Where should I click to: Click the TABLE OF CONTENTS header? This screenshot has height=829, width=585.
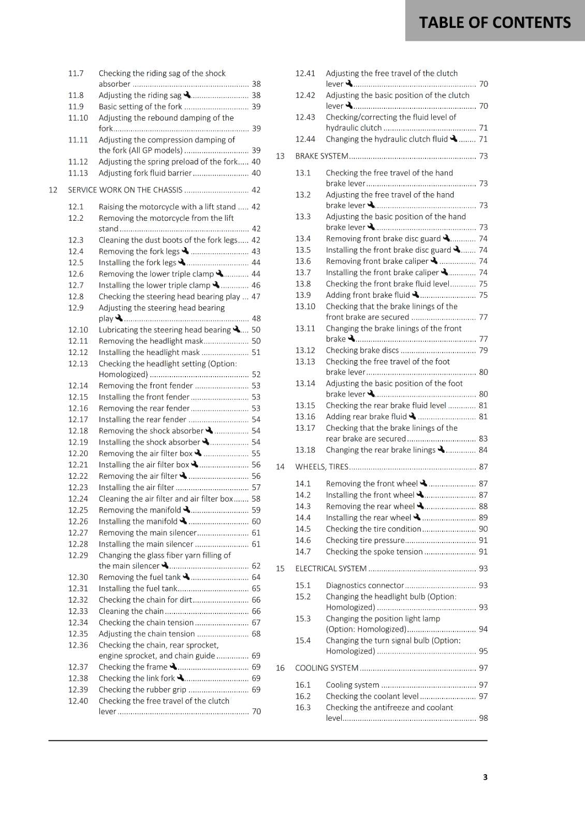pyautogui.click(x=494, y=23)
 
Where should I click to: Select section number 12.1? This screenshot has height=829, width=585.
pyautogui.click(x=76, y=207)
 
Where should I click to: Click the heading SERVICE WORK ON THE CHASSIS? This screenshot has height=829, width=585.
pyautogui.click(x=125, y=190)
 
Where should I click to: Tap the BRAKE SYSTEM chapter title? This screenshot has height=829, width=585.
pyautogui.click(x=321, y=156)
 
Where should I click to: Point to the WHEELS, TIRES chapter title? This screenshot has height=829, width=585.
pyautogui.click(x=321, y=467)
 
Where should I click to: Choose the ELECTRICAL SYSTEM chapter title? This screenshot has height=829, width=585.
pyautogui.click(x=331, y=568)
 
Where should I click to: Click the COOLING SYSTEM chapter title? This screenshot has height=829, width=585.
pyautogui.click(x=327, y=668)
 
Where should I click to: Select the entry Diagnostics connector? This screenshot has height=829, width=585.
pyautogui.click(x=364, y=585)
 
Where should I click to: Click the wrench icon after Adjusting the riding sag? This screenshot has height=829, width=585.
pyautogui.click(x=187, y=95)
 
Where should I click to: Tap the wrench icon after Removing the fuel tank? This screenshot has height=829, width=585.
pyautogui.click(x=186, y=577)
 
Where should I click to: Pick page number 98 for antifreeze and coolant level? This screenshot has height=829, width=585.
pyautogui.click(x=483, y=718)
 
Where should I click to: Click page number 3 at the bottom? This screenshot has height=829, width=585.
pyautogui.click(x=485, y=777)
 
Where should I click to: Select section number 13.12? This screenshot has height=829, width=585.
pyautogui.click(x=305, y=350)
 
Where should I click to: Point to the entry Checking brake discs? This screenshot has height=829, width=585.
pyautogui.click(x=362, y=350)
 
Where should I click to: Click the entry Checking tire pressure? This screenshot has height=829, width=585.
pyautogui.click(x=365, y=540)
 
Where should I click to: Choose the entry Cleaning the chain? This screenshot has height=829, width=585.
pyautogui.click(x=131, y=611)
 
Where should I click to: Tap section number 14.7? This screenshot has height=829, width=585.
pyautogui.click(x=303, y=552)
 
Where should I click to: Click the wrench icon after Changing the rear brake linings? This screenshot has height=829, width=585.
pyautogui.click(x=441, y=449)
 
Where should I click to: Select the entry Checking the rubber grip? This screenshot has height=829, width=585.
pyautogui.click(x=142, y=690)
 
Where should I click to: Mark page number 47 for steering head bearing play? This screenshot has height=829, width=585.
pyautogui.click(x=256, y=297)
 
